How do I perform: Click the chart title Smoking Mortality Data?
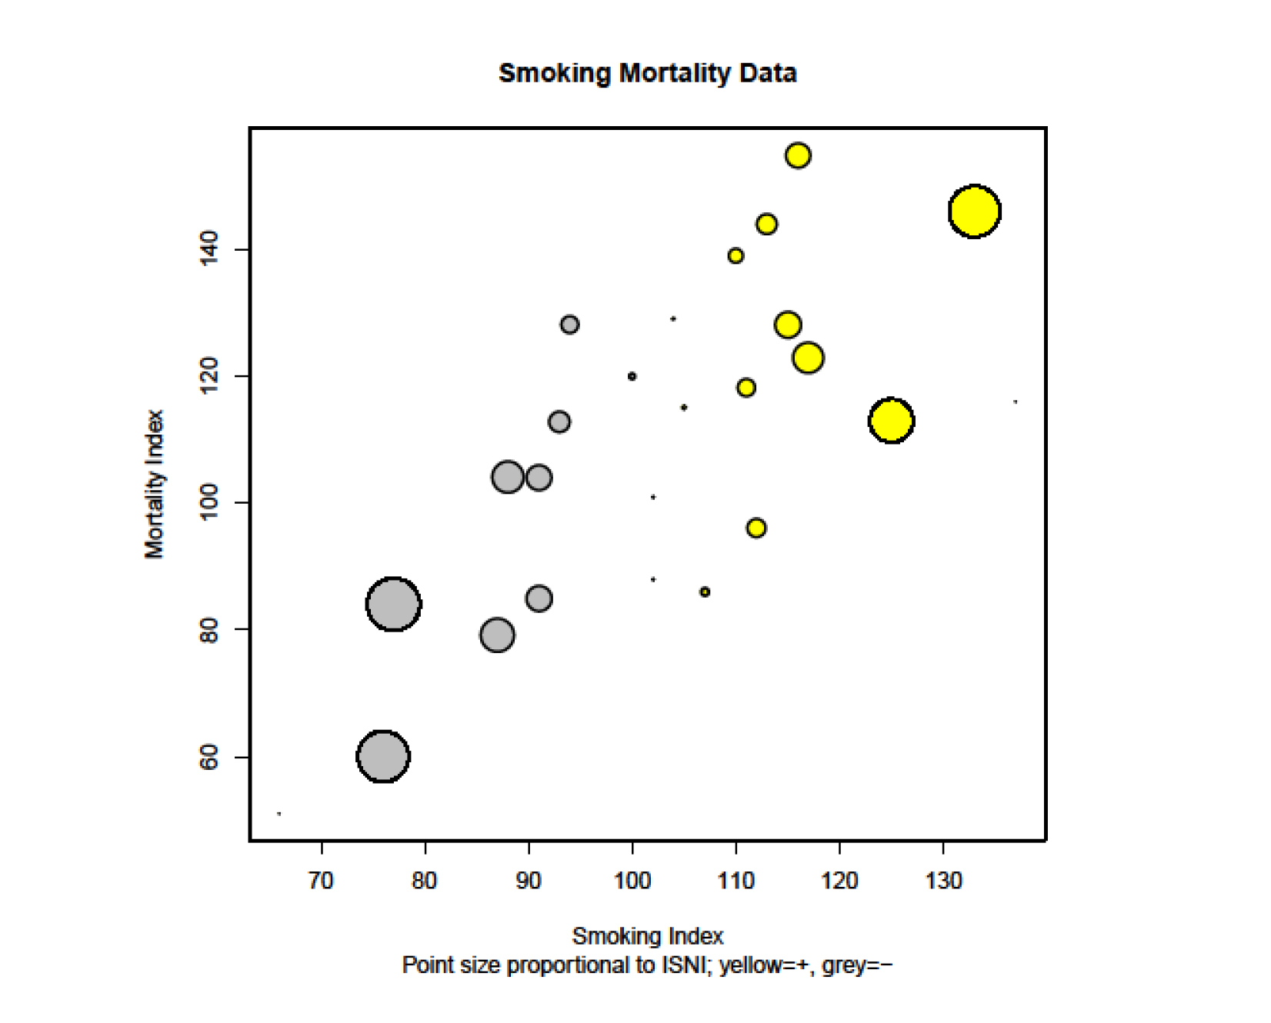tap(647, 73)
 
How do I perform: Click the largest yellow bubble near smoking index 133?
tap(974, 212)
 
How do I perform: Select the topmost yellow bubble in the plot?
tap(798, 155)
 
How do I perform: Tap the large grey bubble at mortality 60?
tap(382, 757)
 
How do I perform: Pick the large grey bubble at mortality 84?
tap(393, 605)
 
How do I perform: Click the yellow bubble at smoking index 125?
tap(891, 421)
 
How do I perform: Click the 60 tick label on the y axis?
tap(209, 758)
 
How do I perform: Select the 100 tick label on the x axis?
tap(632, 881)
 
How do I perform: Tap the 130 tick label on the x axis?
tap(943, 881)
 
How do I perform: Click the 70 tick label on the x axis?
tap(321, 881)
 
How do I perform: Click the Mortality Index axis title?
tap(155, 484)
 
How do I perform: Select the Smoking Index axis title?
tap(647, 936)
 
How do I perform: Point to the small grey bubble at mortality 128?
tap(569, 325)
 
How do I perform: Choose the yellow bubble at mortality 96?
tap(756, 528)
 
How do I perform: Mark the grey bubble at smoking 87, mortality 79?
tap(497, 635)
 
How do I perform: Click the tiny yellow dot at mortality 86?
tap(705, 592)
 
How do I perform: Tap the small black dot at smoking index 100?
tap(632, 377)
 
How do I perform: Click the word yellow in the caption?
tap(749, 965)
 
